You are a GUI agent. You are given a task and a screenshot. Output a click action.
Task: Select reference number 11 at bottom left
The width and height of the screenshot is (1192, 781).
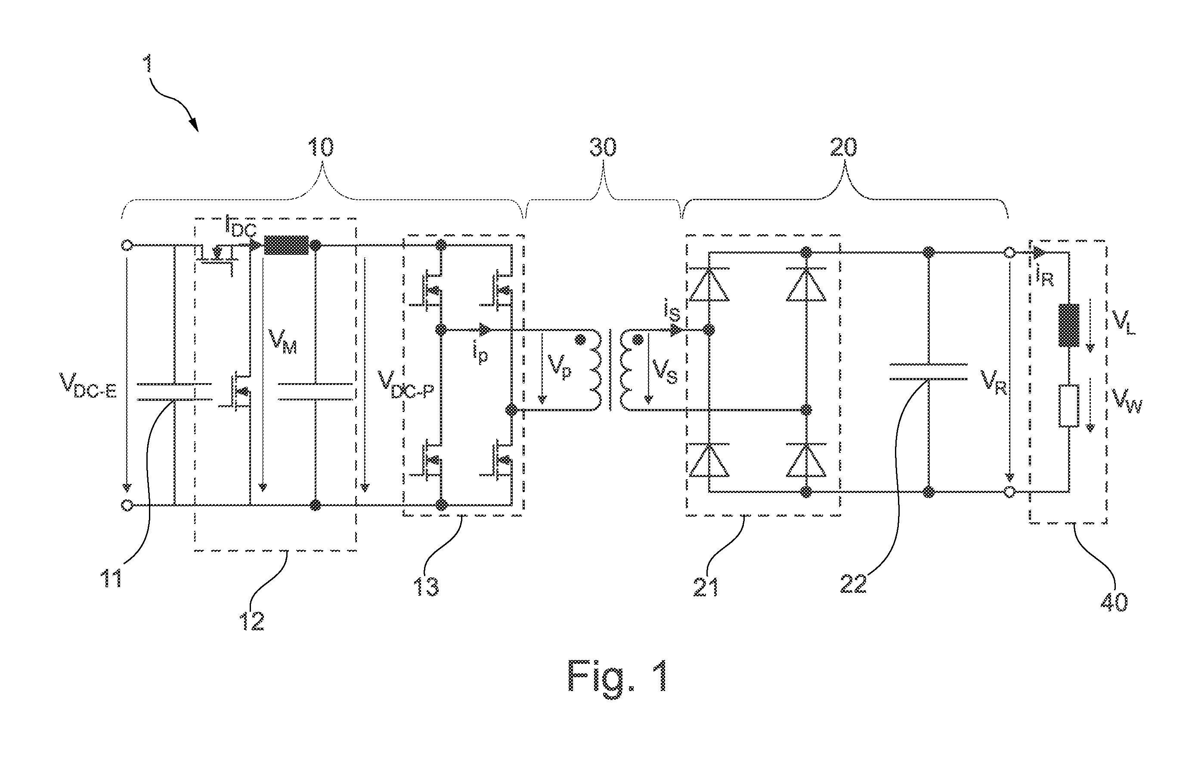(111, 579)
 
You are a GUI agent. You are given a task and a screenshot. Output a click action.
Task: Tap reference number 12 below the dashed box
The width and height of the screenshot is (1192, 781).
(252, 621)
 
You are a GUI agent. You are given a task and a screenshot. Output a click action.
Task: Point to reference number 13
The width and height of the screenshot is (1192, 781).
(426, 586)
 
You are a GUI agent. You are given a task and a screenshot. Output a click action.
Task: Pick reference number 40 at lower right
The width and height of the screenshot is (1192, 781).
(1114, 601)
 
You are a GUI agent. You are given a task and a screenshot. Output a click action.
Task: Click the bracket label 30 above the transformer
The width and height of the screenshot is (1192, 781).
(603, 147)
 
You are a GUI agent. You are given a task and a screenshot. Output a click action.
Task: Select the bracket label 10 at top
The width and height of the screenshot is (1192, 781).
(320, 147)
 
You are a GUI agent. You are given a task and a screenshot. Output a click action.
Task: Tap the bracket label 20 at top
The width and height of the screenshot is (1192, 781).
(843, 147)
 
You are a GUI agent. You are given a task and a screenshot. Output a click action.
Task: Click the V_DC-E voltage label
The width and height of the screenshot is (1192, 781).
(88, 385)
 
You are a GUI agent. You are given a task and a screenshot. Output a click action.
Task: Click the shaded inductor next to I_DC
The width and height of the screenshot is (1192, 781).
(286, 245)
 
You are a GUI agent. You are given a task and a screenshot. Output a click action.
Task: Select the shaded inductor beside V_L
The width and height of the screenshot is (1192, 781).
(1068, 325)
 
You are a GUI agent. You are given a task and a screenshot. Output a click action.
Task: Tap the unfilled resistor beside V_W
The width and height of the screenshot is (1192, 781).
(1068, 406)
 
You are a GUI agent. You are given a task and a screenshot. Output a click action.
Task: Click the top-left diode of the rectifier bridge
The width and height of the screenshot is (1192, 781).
(709, 284)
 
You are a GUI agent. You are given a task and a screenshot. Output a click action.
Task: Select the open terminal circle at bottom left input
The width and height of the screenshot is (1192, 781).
(127, 505)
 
